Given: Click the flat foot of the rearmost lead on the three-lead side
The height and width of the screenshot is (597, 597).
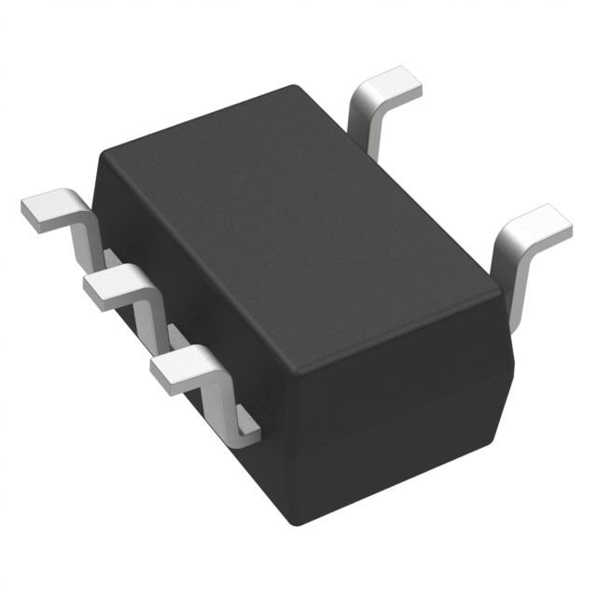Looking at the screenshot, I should tap(47, 211).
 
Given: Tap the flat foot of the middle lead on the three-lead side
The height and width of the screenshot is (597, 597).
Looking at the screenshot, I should tap(110, 285).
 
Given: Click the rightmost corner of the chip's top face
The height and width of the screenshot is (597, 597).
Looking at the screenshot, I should tap(505, 280).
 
